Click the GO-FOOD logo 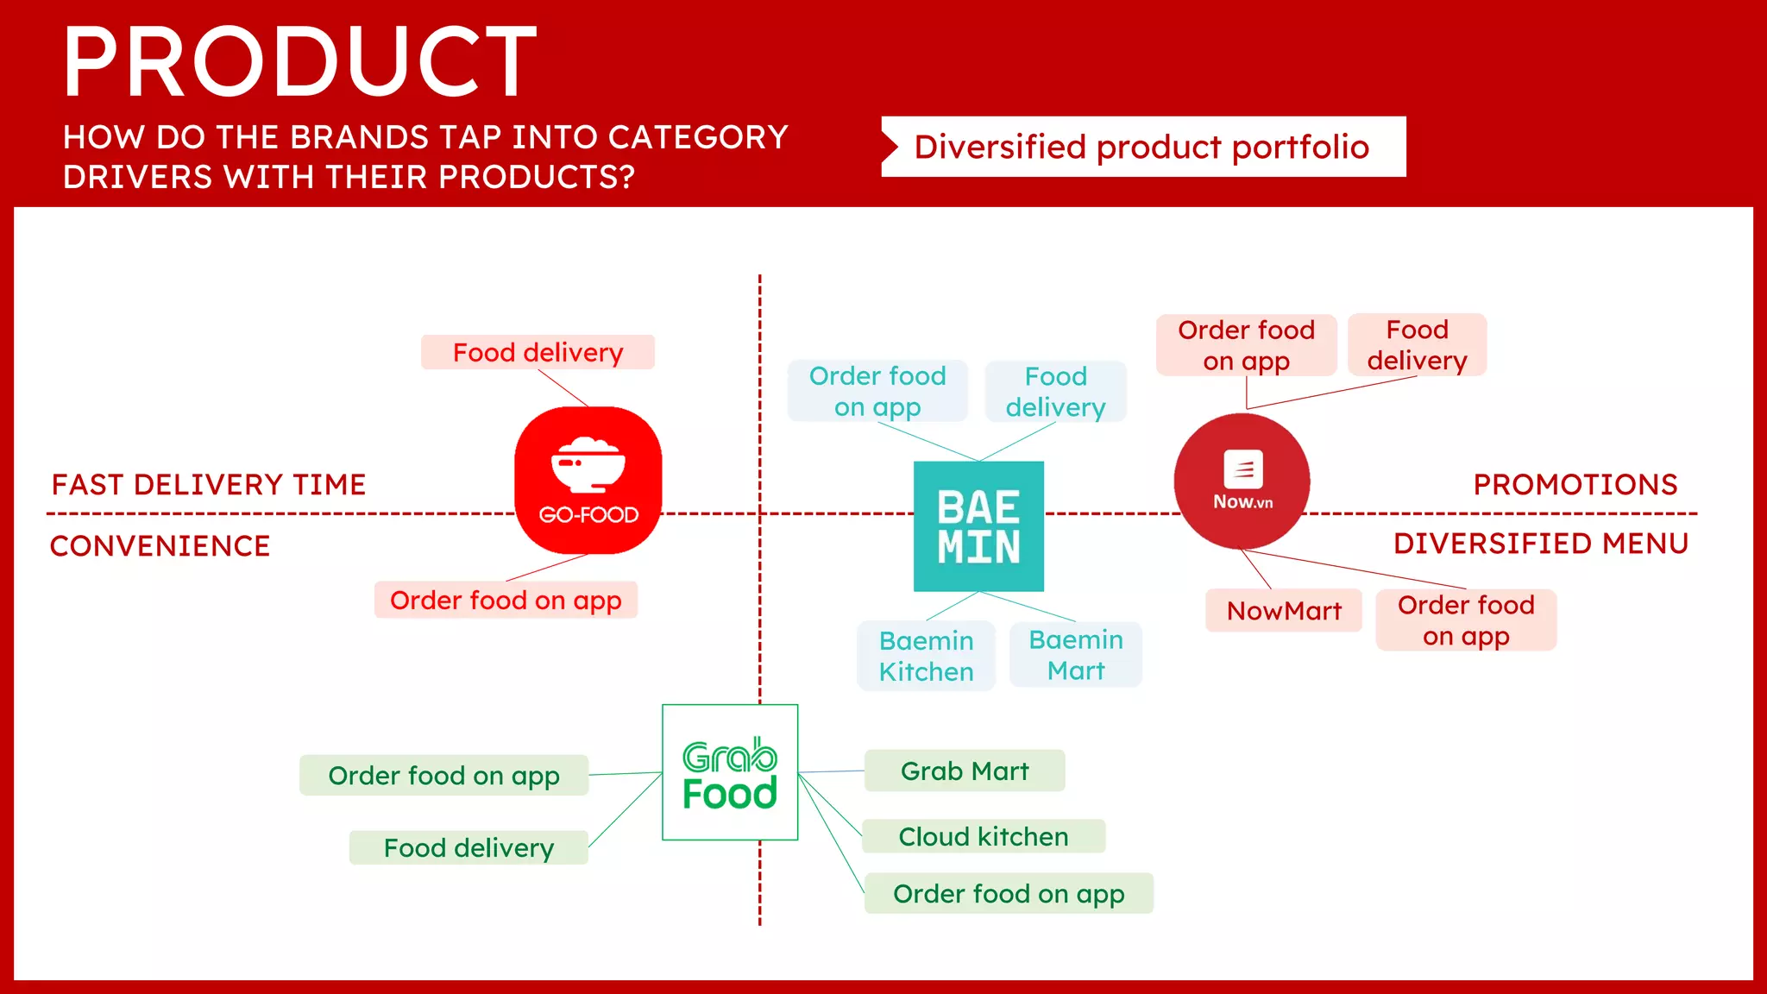pyautogui.click(x=588, y=481)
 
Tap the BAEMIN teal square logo pyautogui.click(x=978, y=526)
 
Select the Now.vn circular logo pyautogui.click(x=1242, y=481)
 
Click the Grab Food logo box pyautogui.click(x=730, y=772)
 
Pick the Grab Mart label pyautogui.click(x=965, y=771)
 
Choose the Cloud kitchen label pyautogui.click(x=984, y=836)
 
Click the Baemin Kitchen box pyautogui.click(x=926, y=656)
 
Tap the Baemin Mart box pyautogui.click(x=1076, y=655)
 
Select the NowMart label pyautogui.click(x=1284, y=611)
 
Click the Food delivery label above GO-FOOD pyautogui.click(x=538, y=352)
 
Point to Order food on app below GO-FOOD pyautogui.click(x=506, y=600)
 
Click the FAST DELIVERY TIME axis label pyautogui.click(x=209, y=484)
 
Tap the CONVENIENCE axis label pyautogui.click(x=160, y=545)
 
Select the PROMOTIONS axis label pyautogui.click(x=1575, y=484)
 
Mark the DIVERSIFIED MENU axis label pyautogui.click(x=1540, y=544)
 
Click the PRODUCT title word pyautogui.click(x=300, y=62)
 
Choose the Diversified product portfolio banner pyautogui.click(x=1142, y=147)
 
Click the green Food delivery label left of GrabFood pyautogui.click(x=468, y=847)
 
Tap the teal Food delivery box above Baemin pyautogui.click(x=1055, y=392)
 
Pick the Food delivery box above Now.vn pyautogui.click(x=1417, y=345)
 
